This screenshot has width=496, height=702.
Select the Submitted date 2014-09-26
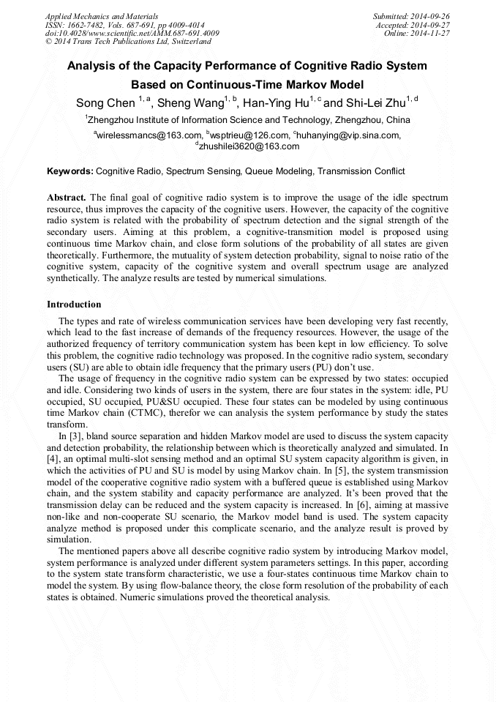[430, 15]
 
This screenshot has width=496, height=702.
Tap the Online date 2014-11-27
[432, 33]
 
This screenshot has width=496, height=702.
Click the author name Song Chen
[105, 102]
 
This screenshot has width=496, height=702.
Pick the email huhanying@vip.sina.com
[349, 135]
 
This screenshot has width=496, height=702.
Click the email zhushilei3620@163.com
[249, 146]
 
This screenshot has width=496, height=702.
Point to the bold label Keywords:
[70, 171]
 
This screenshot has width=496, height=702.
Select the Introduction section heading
[74, 304]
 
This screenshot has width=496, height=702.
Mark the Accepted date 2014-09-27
[432, 24]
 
